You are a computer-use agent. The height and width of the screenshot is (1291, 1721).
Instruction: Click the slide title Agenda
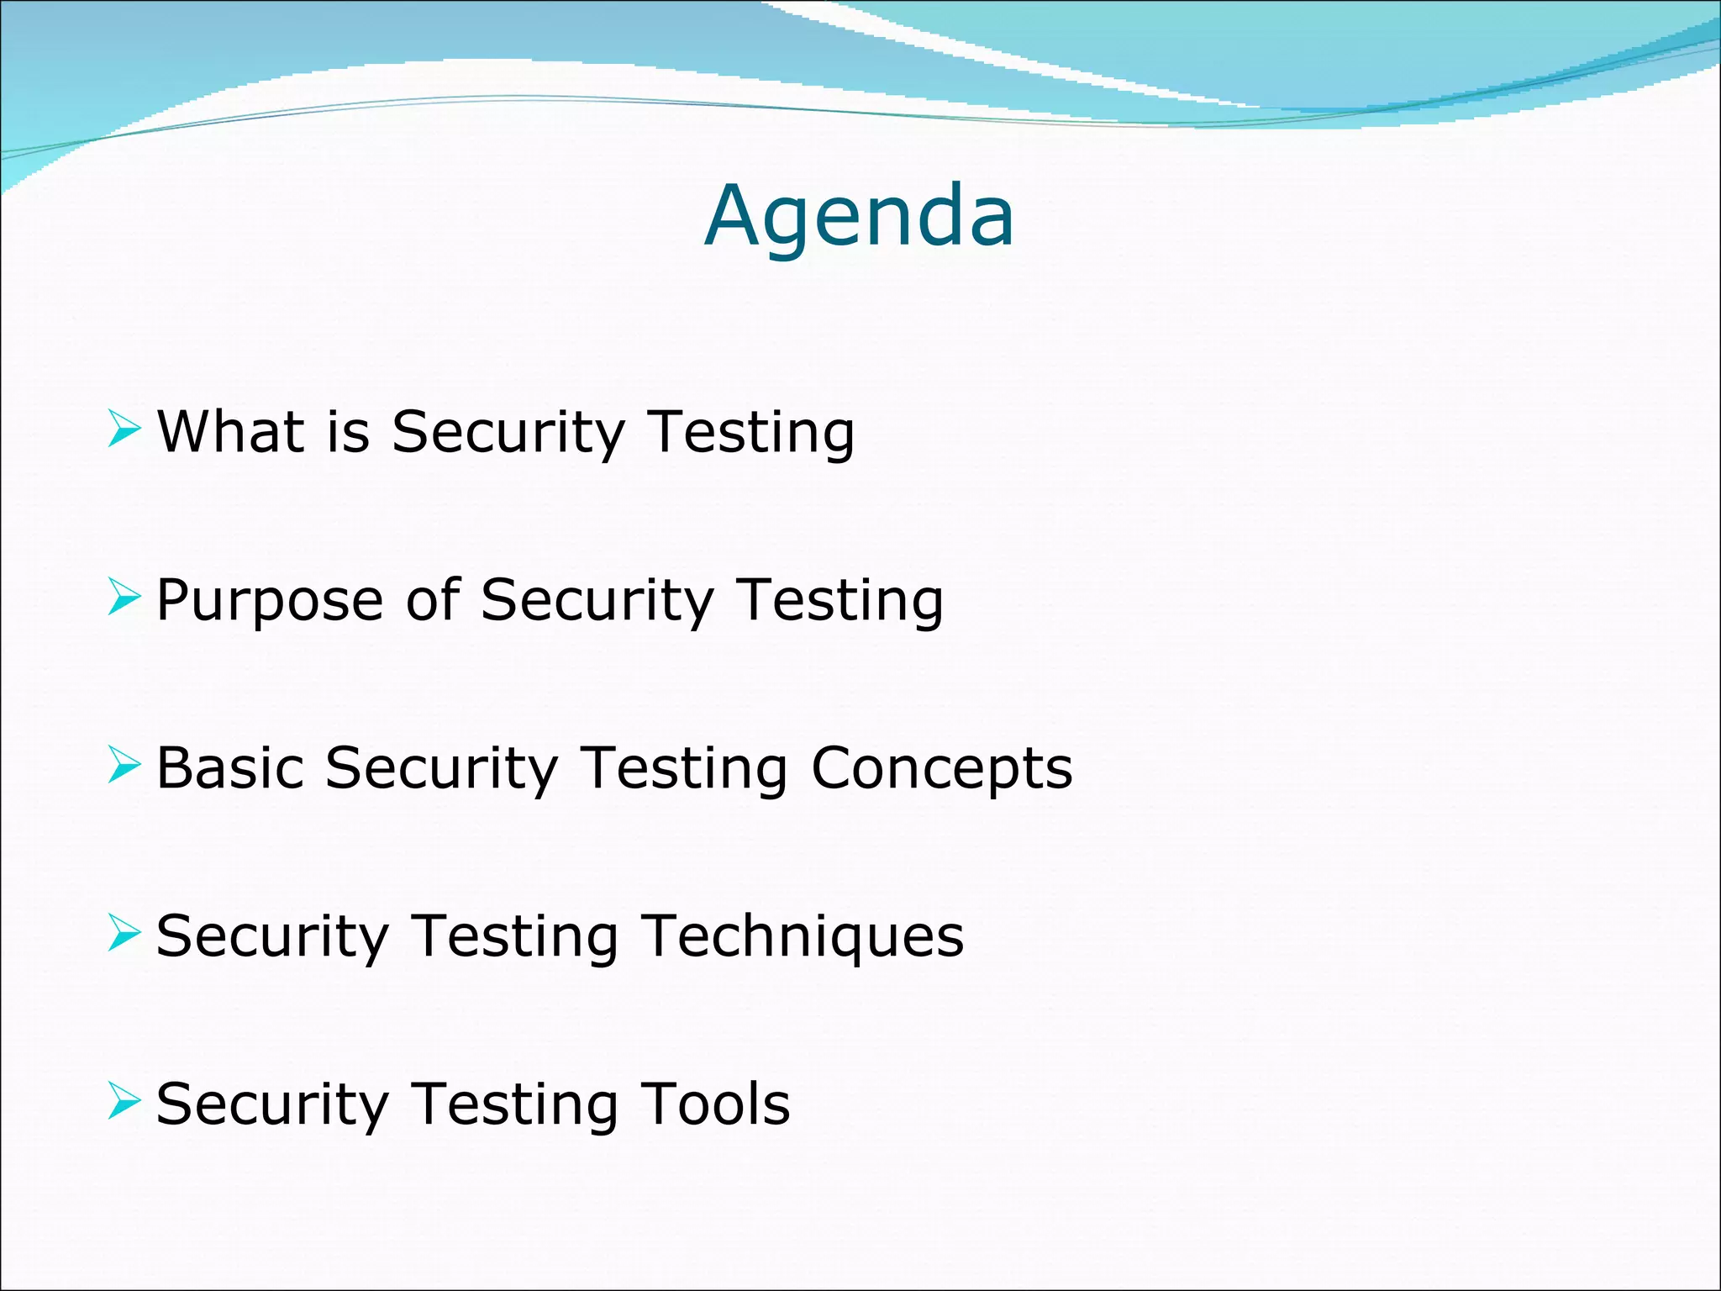click(x=859, y=217)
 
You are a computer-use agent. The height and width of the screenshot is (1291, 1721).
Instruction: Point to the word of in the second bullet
click(x=433, y=600)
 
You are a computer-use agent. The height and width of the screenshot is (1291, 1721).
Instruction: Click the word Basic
click(x=229, y=768)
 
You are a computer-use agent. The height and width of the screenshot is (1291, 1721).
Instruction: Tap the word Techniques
click(x=803, y=937)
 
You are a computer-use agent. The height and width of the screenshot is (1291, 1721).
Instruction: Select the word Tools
click(x=715, y=1104)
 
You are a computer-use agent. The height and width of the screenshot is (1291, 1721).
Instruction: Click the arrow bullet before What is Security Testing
click(x=124, y=429)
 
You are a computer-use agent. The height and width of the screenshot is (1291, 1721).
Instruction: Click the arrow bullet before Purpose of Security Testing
click(x=124, y=598)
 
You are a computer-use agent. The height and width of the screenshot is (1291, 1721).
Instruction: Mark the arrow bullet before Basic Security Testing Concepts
click(x=124, y=767)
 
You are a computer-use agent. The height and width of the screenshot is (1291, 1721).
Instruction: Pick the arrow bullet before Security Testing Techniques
click(x=124, y=935)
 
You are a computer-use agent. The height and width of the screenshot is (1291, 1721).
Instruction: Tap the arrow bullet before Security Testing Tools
click(x=124, y=1102)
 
